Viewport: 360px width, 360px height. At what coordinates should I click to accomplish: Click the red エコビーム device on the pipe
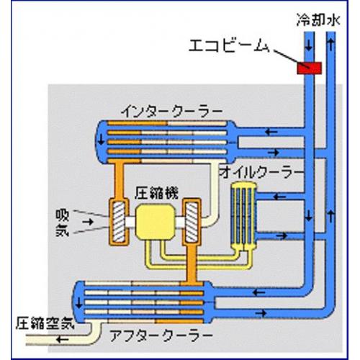point(309,68)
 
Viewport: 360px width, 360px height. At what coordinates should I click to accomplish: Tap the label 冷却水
point(318,19)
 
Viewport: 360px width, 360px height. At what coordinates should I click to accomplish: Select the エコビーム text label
point(230,45)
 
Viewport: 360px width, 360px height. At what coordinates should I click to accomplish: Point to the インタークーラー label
point(172,112)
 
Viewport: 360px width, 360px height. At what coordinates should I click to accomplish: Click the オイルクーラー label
point(261,173)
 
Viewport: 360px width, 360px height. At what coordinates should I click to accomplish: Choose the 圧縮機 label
point(156,193)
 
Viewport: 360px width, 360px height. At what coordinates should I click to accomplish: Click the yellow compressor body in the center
point(155,222)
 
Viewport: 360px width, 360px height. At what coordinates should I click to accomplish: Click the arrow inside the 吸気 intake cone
point(88,222)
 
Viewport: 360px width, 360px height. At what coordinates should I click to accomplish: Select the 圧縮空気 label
point(45,323)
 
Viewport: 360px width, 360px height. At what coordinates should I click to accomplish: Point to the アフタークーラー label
point(161,336)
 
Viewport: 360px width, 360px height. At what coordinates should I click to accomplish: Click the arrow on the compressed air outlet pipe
point(63,339)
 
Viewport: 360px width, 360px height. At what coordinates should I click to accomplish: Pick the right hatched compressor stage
point(192,222)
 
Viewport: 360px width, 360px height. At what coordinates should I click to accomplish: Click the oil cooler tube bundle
point(243,215)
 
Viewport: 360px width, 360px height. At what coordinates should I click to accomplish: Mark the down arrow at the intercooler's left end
point(102,140)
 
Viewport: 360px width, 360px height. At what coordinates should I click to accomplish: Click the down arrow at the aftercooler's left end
point(78,303)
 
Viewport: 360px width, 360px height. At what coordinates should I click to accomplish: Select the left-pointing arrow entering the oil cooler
point(280,197)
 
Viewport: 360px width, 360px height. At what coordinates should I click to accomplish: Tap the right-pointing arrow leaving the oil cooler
point(282,235)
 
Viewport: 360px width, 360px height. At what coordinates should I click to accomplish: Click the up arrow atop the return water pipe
point(331,45)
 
